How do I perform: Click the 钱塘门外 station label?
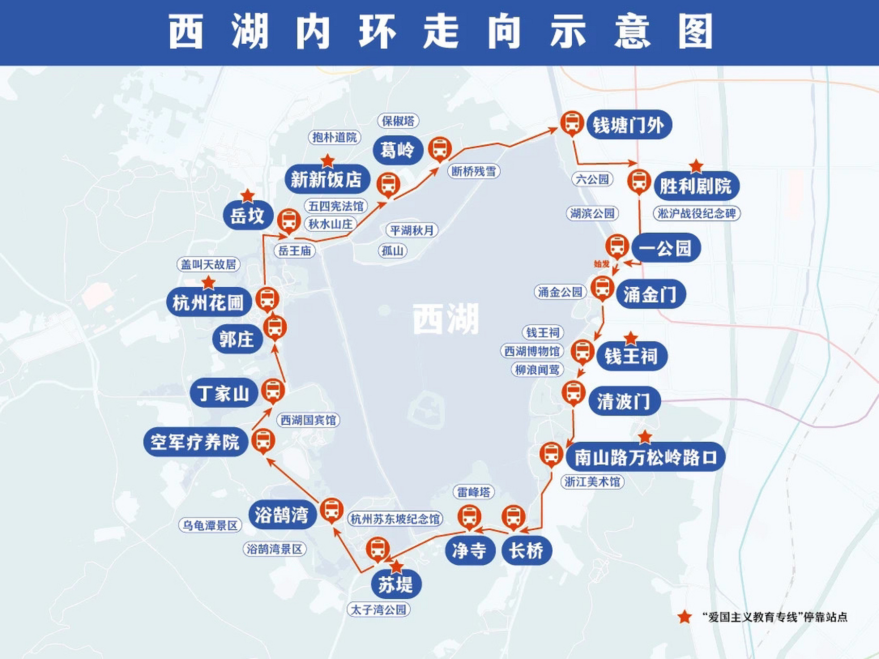point(628,125)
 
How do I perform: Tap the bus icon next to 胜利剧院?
point(639,181)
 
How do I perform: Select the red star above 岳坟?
point(248,196)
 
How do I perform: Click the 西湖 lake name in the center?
point(446,319)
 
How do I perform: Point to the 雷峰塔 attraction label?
point(473,492)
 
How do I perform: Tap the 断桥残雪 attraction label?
point(473,171)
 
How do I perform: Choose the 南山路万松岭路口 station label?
point(645,457)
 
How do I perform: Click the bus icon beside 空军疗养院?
point(263,441)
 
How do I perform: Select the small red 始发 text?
point(601,264)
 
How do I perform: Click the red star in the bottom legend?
point(684,617)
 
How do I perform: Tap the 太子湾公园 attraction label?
point(379,610)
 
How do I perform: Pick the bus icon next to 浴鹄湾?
point(331,510)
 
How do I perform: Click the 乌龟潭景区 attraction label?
point(210,526)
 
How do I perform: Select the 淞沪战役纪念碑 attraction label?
point(697,213)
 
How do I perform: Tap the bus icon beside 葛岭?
point(439,149)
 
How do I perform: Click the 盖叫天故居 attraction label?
point(208,265)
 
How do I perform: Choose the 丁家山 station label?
point(223,393)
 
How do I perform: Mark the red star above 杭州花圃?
point(208,283)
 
